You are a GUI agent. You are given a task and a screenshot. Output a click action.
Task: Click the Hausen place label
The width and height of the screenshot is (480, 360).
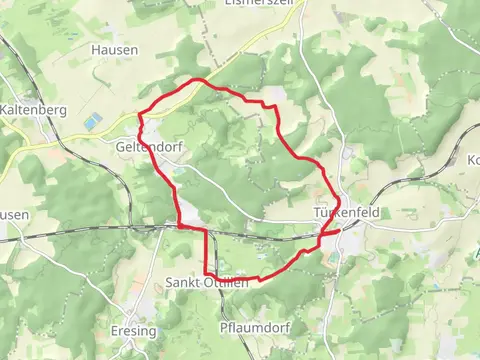click(x=114, y=49)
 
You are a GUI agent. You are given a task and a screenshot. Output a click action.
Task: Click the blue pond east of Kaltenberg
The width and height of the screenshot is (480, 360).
click(x=93, y=121)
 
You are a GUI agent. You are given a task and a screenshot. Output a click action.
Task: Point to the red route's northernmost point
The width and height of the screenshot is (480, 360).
click(x=199, y=79)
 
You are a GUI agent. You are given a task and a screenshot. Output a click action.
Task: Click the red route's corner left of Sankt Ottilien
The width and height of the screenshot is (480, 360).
click(x=207, y=273)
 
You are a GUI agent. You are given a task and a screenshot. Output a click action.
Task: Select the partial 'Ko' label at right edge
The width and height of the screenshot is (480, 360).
click(x=473, y=160)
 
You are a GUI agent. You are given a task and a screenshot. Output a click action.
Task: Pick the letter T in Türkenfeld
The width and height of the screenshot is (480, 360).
click(x=315, y=215)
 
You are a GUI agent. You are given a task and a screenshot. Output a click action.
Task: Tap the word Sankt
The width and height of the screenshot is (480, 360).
click(x=183, y=282)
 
